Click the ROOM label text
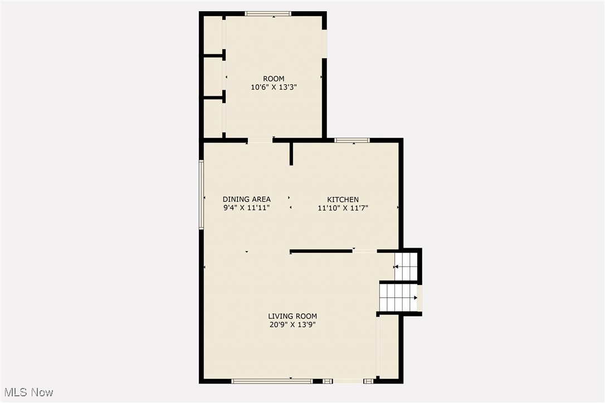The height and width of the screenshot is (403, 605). tap(274, 78)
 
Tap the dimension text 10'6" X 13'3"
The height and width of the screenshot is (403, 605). tap(274, 87)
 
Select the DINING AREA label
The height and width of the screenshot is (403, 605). tap(247, 199)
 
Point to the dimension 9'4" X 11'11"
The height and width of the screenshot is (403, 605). tap(247, 208)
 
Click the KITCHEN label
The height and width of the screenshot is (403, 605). tap(343, 200)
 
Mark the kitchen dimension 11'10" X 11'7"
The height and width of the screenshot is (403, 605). tap(343, 208)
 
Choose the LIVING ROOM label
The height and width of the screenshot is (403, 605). tap(292, 316)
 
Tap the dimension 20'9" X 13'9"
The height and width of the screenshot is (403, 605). tap(292, 325)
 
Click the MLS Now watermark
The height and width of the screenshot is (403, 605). tap(28, 392)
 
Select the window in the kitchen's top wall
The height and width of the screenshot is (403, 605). tap(352, 140)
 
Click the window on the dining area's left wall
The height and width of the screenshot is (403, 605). tap(201, 195)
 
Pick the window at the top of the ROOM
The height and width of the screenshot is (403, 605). tap(268, 14)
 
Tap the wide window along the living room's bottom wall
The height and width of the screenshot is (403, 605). tap(272, 381)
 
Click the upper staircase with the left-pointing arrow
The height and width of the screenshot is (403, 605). tap(406, 267)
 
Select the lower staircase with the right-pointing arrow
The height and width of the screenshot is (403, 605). tap(398, 298)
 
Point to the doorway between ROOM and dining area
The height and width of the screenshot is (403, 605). tap(260, 140)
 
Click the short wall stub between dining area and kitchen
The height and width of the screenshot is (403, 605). tap(291, 154)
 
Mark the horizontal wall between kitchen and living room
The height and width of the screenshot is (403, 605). tap(321, 252)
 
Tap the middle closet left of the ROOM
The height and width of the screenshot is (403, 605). tap(213, 77)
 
